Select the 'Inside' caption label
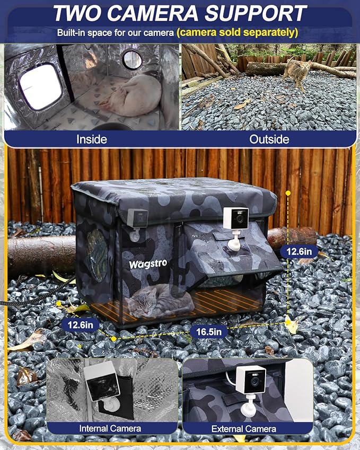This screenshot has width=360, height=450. point(92,139)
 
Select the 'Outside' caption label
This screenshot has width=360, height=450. point(269,139)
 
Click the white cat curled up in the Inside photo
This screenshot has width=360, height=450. point(135,95)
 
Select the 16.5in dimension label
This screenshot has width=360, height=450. point(208,332)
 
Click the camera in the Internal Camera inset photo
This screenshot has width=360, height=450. point(103,383)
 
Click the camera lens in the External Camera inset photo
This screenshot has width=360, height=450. point(255,380)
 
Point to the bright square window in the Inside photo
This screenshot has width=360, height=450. point(41,86)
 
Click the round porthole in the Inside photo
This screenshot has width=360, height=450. point(133,59)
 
